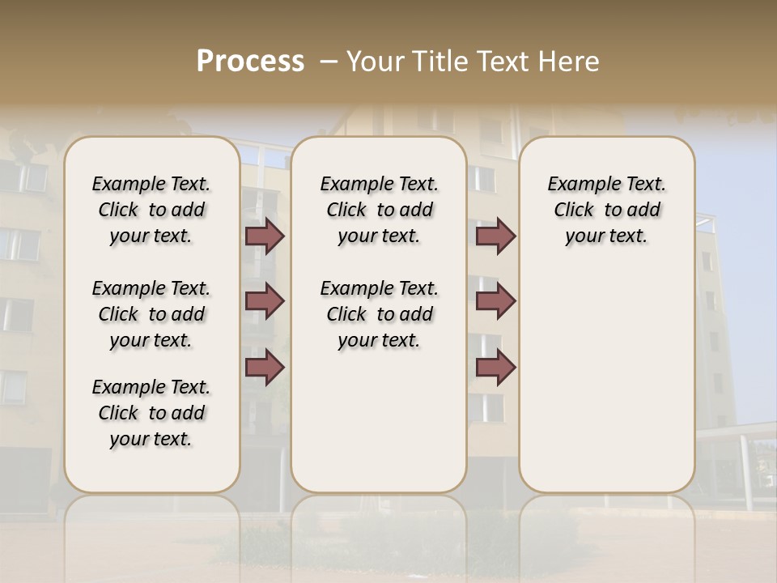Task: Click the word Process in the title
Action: click(250, 62)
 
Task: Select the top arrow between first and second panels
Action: click(265, 236)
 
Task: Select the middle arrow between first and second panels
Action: click(265, 301)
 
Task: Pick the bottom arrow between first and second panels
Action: click(265, 367)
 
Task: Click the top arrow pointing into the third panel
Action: click(495, 236)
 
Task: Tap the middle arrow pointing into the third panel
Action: click(495, 301)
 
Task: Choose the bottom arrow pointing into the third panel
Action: click(495, 367)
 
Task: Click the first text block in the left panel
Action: click(151, 210)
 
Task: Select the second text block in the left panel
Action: click(151, 314)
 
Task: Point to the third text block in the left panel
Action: click(151, 413)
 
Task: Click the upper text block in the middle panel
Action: click(379, 210)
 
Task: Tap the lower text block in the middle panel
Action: click(379, 314)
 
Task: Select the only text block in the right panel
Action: click(606, 210)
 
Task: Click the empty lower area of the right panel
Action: click(606, 381)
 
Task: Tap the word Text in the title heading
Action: click(505, 62)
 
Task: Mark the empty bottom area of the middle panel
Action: click(379, 429)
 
